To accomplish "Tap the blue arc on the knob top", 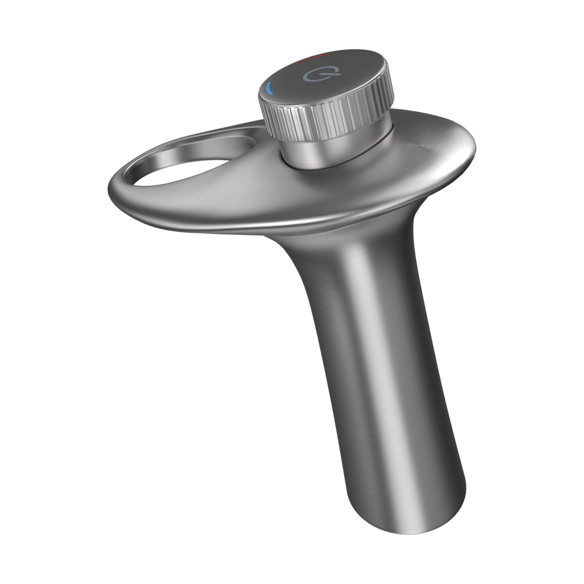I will (x=269, y=89).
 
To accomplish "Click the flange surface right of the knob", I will (x=423, y=151).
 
